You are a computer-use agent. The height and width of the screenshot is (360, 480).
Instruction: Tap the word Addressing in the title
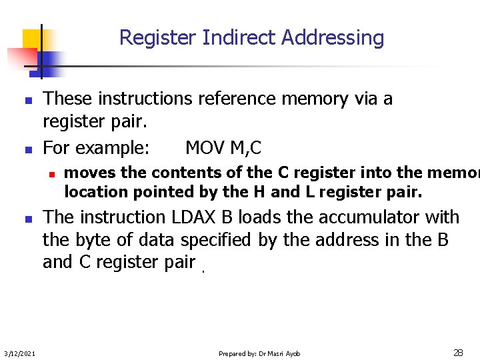(x=333, y=38)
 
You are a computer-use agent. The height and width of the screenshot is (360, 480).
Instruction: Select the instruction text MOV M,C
(x=223, y=147)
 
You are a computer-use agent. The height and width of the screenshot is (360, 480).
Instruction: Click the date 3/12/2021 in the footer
(x=19, y=353)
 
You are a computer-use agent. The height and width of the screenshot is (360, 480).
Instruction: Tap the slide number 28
(x=458, y=352)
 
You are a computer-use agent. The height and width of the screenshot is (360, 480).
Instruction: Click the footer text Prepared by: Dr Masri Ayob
(x=259, y=353)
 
